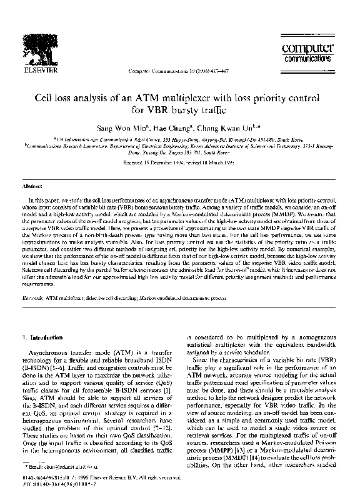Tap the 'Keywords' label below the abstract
(32, 299)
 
